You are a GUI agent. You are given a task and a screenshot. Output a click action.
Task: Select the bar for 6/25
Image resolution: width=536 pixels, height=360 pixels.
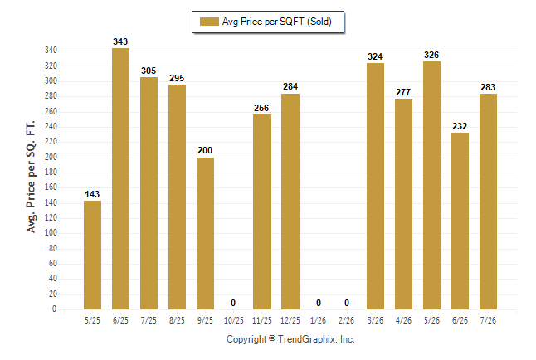(x=120, y=179)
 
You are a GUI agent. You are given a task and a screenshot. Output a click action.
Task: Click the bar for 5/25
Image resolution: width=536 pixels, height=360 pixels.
(x=92, y=255)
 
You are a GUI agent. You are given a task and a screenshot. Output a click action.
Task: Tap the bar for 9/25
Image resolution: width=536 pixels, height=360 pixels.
(x=205, y=234)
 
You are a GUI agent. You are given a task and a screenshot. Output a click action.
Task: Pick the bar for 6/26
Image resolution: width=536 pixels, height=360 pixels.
(x=460, y=221)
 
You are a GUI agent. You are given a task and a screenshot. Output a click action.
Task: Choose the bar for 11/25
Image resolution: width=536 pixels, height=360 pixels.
(x=262, y=212)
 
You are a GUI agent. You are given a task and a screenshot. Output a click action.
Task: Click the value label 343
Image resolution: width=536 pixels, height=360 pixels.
(x=120, y=41)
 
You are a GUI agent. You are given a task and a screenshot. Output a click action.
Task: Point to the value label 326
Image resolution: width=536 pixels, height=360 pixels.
(x=431, y=55)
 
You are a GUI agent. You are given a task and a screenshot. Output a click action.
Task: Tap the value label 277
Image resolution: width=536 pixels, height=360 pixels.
(x=403, y=92)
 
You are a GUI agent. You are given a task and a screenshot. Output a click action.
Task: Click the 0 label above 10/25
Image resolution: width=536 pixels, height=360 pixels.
(x=233, y=303)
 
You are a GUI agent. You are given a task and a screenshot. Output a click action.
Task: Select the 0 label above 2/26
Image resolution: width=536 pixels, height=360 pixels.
(x=347, y=303)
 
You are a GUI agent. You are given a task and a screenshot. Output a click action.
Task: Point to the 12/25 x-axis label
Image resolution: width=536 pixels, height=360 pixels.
(x=290, y=321)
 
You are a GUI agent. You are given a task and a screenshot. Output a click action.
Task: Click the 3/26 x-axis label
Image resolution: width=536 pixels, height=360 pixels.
(x=375, y=321)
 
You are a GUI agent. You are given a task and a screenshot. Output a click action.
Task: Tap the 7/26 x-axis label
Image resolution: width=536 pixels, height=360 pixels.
(x=488, y=321)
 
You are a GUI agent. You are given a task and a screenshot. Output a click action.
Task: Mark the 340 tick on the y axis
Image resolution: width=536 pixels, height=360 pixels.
(x=51, y=51)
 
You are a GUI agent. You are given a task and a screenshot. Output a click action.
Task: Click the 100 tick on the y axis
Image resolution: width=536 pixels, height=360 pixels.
(x=51, y=233)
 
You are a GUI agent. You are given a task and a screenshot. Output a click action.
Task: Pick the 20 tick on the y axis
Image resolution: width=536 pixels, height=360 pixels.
(x=53, y=294)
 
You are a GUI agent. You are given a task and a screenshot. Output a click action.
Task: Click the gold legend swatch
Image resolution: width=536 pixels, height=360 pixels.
(x=209, y=22)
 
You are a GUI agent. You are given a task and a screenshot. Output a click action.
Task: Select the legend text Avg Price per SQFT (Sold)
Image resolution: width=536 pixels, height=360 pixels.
(x=277, y=22)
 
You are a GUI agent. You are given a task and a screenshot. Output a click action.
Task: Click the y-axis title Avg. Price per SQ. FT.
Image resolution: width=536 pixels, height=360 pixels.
(x=31, y=177)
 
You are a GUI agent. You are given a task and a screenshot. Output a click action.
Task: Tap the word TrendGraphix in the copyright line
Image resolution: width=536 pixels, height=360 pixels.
(x=306, y=339)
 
